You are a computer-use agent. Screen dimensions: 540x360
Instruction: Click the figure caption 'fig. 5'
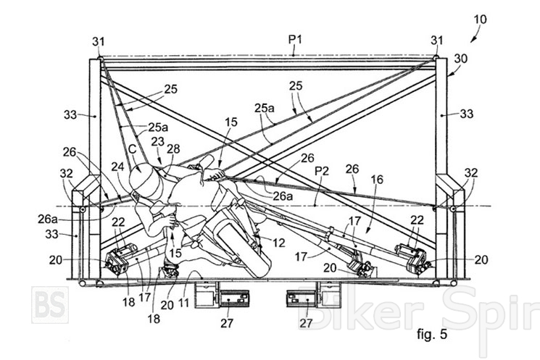tap(432, 333)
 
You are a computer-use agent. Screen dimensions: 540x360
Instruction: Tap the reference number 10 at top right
tap(480, 20)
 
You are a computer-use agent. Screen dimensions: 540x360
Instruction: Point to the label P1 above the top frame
tap(295, 40)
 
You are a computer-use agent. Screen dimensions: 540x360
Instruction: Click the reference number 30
tap(460, 59)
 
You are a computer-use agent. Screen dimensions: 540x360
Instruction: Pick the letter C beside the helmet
tap(132, 149)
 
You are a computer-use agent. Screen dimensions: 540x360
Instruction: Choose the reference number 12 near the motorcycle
tap(278, 243)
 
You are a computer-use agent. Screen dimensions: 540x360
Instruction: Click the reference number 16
tap(377, 179)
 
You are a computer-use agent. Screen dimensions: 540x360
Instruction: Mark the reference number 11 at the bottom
tap(183, 303)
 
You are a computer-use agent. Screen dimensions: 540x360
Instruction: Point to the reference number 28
tap(173, 148)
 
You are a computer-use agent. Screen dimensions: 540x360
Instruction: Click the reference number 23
tap(158, 141)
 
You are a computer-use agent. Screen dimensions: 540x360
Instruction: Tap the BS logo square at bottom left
tap(50, 305)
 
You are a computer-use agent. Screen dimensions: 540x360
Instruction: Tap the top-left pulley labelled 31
tap(99, 57)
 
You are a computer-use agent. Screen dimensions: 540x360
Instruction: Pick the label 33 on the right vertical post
tap(466, 114)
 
